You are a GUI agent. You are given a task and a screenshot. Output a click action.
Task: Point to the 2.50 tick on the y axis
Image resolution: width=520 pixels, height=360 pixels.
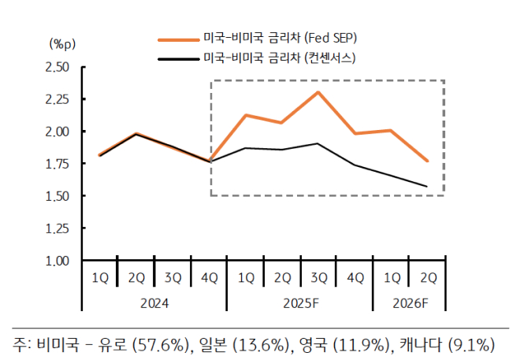[x=59, y=67]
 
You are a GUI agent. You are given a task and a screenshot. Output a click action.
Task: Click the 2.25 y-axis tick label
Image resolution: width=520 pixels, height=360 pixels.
[x=59, y=99]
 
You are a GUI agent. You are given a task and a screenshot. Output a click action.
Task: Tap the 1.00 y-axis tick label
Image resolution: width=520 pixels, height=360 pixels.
[x=59, y=260]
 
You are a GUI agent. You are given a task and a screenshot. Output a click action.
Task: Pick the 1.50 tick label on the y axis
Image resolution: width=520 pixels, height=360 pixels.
[x=59, y=195]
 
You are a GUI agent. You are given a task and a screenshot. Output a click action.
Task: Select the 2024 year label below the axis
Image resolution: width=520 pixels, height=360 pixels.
[x=154, y=302]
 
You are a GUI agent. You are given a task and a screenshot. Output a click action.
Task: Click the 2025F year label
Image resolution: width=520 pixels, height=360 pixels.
[x=299, y=302]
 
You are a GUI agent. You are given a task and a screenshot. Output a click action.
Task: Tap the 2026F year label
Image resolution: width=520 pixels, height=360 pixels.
[x=410, y=302]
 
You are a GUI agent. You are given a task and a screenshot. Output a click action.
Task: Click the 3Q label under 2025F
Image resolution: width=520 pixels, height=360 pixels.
[x=318, y=277]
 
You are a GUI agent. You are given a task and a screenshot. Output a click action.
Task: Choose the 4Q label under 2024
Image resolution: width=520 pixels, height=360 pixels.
[x=210, y=277]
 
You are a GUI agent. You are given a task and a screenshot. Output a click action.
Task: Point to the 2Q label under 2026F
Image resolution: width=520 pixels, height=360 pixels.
[x=428, y=277]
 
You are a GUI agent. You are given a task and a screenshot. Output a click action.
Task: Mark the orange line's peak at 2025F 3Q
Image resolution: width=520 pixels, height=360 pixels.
[x=318, y=92]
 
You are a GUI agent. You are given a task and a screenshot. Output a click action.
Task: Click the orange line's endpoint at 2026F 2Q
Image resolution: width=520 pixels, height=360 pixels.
[x=428, y=161]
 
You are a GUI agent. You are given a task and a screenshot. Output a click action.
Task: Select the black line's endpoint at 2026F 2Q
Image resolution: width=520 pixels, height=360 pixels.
[x=428, y=187]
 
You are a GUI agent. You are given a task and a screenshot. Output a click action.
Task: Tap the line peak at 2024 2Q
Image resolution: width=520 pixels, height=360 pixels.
[x=136, y=134]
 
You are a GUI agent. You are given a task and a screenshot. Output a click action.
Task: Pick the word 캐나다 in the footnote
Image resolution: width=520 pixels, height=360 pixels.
[x=421, y=344]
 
